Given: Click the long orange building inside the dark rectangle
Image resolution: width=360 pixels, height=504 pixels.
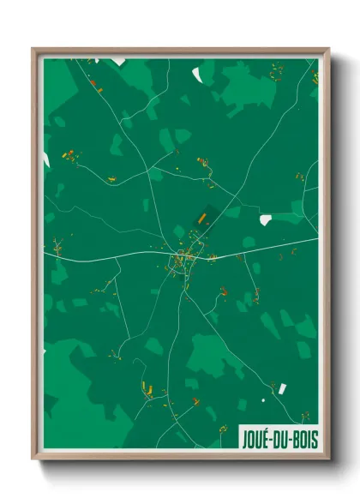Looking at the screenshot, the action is [201, 219].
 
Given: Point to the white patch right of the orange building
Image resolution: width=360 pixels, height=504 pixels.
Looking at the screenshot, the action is [265, 219].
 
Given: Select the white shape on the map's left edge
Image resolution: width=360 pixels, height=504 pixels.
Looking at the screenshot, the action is [46, 159].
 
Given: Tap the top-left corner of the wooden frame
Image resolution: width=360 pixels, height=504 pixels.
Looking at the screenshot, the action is [34, 50].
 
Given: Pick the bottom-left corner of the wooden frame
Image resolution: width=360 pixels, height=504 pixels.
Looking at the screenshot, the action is [34, 457].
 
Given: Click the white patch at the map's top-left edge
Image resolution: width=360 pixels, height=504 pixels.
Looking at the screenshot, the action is [117, 62].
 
